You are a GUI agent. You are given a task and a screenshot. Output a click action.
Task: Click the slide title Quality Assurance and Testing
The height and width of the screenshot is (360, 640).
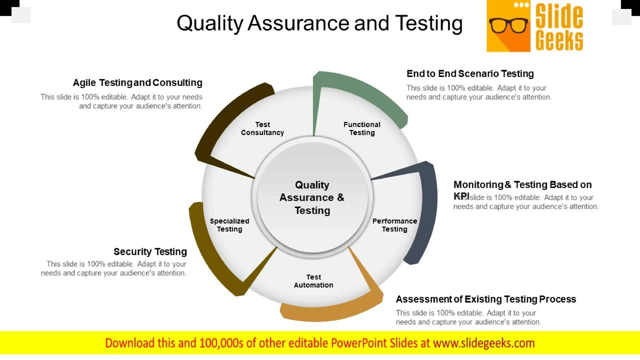click(x=319, y=23)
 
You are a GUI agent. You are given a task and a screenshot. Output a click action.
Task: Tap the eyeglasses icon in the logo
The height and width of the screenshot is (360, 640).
click(x=508, y=25)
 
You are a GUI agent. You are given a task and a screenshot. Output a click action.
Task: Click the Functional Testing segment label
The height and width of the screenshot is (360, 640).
click(x=362, y=128)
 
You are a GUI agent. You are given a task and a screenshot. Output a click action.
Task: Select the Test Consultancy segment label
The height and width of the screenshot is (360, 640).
click(x=262, y=128)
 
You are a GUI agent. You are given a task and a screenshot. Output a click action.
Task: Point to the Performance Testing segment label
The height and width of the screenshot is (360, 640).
click(x=394, y=225)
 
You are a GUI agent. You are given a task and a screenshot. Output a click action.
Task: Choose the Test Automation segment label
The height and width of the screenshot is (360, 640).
click(x=313, y=281)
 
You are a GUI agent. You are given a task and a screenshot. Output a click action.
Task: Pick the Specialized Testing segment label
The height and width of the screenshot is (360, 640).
click(x=229, y=225)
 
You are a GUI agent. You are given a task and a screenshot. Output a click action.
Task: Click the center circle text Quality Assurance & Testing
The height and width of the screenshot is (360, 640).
click(x=312, y=197)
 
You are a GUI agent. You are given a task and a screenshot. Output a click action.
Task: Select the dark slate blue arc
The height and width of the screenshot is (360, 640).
click(x=427, y=210)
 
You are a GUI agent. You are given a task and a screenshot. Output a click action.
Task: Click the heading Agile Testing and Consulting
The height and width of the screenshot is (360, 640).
click(x=137, y=82)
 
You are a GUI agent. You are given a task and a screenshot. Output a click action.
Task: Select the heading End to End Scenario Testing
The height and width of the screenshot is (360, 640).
click(x=470, y=73)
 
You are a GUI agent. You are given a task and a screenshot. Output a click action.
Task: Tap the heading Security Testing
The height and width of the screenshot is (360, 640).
click(x=150, y=251)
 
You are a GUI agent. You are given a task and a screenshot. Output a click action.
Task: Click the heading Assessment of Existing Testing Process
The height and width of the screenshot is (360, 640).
click(x=486, y=299)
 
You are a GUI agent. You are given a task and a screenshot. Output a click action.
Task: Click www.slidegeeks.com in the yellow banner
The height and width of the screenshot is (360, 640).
click(x=483, y=343)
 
